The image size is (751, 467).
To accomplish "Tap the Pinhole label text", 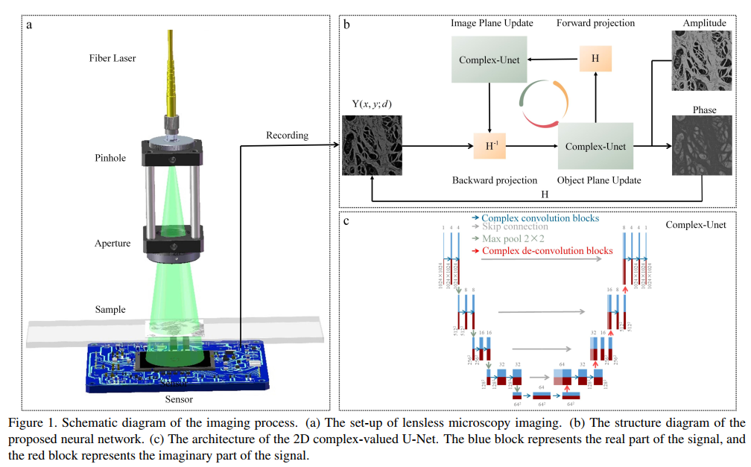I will [x=110, y=158].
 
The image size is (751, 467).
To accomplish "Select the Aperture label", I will [x=113, y=244].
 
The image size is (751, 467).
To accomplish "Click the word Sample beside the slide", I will [x=110, y=309].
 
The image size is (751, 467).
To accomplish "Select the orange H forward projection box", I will [x=595, y=58].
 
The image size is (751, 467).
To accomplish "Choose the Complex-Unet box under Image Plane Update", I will [x=489, y=59].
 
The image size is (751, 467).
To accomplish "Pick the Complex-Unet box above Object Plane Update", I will [x=595, y=146].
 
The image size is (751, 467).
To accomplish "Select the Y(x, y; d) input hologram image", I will [x=371, y=144].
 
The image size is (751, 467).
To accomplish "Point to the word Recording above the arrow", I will [x=287, y=135].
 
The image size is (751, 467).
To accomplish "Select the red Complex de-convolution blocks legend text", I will [x=548, y=250].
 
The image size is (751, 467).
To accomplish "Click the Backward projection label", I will [x=495, y=180].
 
